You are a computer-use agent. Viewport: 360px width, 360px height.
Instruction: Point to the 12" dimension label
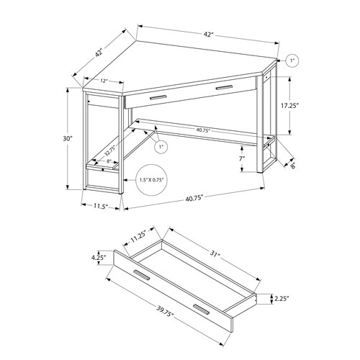point(104,81)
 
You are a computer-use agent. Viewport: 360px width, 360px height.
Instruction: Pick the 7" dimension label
point(243,158)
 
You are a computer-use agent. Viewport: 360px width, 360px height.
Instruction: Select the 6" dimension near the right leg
point(293,163)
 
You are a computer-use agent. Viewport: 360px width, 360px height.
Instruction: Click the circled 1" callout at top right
point(291,60)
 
